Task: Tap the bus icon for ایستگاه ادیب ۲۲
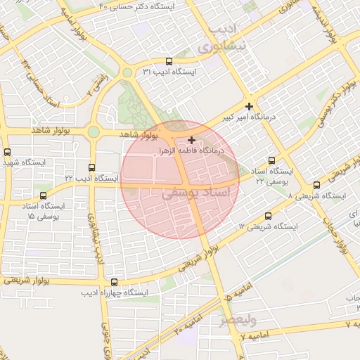(91, 167)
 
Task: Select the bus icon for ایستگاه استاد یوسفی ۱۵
(44, 195)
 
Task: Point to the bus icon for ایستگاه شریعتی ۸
(316, 185)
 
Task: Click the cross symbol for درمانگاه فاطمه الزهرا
(192, 140)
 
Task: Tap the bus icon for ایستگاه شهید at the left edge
(7, 152)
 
